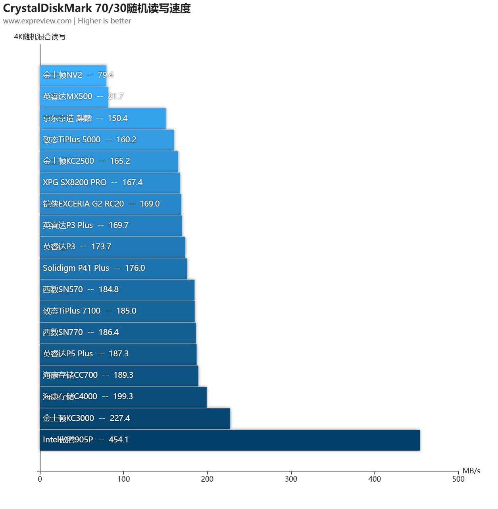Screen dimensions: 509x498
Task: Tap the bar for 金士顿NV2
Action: pos(73,75)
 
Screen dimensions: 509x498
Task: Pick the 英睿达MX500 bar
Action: pos(74,97)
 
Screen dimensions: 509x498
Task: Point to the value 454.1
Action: pos(118,440)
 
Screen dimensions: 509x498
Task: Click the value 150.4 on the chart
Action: pos(117,118)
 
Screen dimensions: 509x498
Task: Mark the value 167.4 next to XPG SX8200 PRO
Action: pos(132,182)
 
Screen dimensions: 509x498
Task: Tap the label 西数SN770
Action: pos(63,332)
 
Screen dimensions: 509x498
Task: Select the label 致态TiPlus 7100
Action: pos(71,311)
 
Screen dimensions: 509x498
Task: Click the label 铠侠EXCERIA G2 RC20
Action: pos(83,204)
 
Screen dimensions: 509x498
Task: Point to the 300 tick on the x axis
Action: pos(291,479)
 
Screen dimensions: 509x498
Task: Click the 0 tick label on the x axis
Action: pos(40,479)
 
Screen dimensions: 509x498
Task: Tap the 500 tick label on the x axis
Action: pos(458,479)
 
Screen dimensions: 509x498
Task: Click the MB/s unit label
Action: pos(471,471)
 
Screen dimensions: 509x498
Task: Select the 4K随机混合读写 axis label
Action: pos(40,37)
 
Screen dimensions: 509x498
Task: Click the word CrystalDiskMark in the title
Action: pos(47,8)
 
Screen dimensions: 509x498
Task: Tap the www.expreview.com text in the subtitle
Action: pos(37,21)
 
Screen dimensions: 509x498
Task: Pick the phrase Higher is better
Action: pos(104,21)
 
